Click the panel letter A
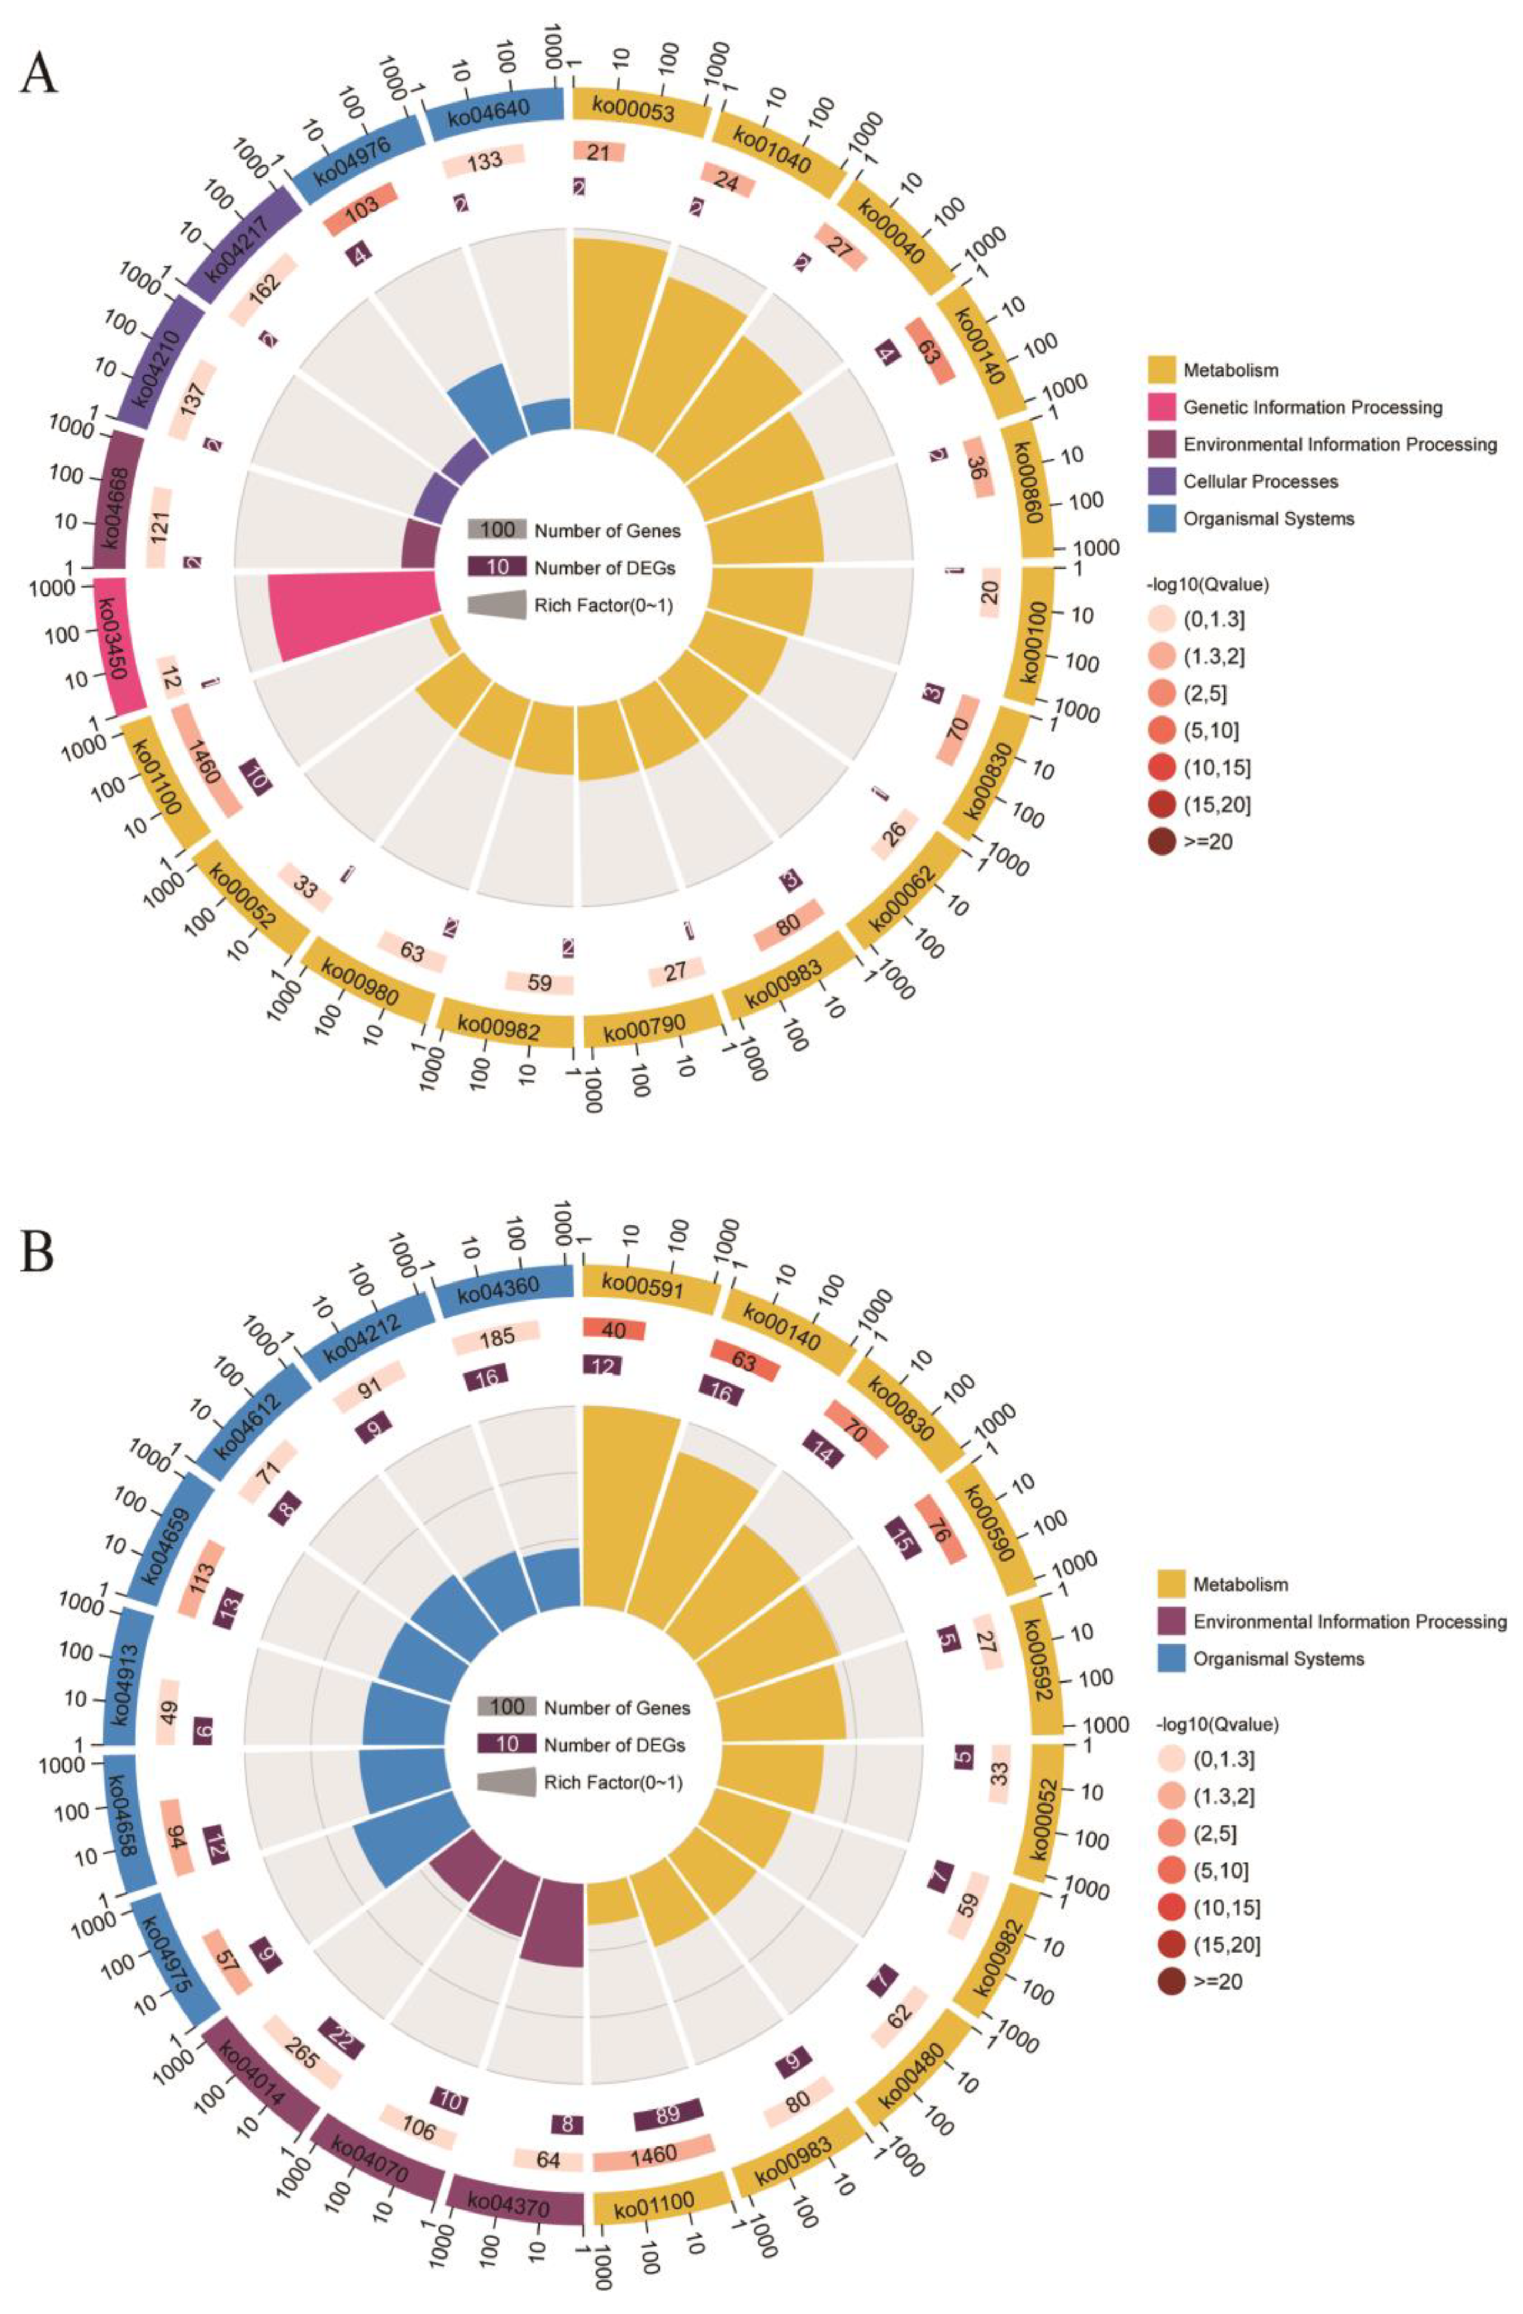pos(39,73)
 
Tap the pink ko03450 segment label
pos(119,644)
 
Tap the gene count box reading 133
pos(484,161)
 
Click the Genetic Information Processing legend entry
pos(1312,407)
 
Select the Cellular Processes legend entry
pos(1259,481)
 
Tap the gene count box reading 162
pos(263,288)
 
